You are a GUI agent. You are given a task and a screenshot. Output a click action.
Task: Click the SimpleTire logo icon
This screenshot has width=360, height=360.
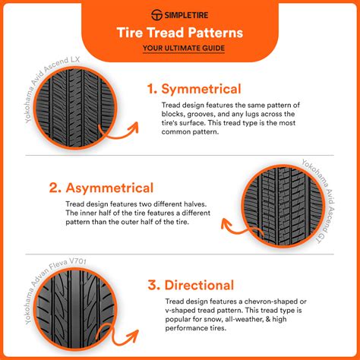(x=158, y=14)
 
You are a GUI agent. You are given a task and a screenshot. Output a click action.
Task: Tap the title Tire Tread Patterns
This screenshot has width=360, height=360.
(x=179, y=33)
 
